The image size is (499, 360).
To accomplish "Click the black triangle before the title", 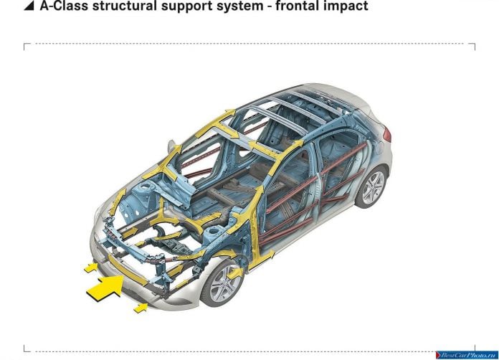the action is pos(29,6).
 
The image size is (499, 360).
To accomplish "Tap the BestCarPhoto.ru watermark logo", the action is pos(467,355).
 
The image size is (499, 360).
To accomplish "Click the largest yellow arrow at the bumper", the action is pos(105,288).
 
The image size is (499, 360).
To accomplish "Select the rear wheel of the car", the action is pos(371,186).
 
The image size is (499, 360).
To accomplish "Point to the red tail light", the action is pos(387,134).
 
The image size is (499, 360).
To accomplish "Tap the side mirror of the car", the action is pos(171,147).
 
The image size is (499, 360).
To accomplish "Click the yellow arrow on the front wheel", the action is pos(235,273).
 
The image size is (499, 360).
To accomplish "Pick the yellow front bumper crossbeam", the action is pos(128,270).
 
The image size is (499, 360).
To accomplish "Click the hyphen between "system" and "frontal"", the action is pos(270,7).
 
